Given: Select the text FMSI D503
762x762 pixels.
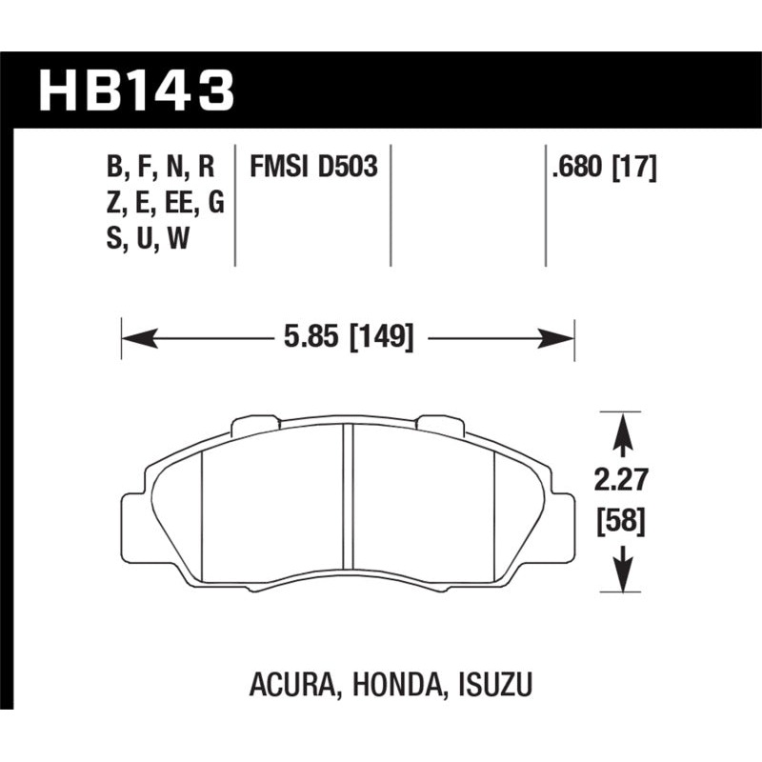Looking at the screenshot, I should coord(314,168).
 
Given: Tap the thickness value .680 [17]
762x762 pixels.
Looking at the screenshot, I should coord(604,168).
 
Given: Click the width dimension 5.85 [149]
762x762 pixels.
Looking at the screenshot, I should coord(349,337).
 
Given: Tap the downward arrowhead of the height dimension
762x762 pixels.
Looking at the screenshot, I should coord(622,577).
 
